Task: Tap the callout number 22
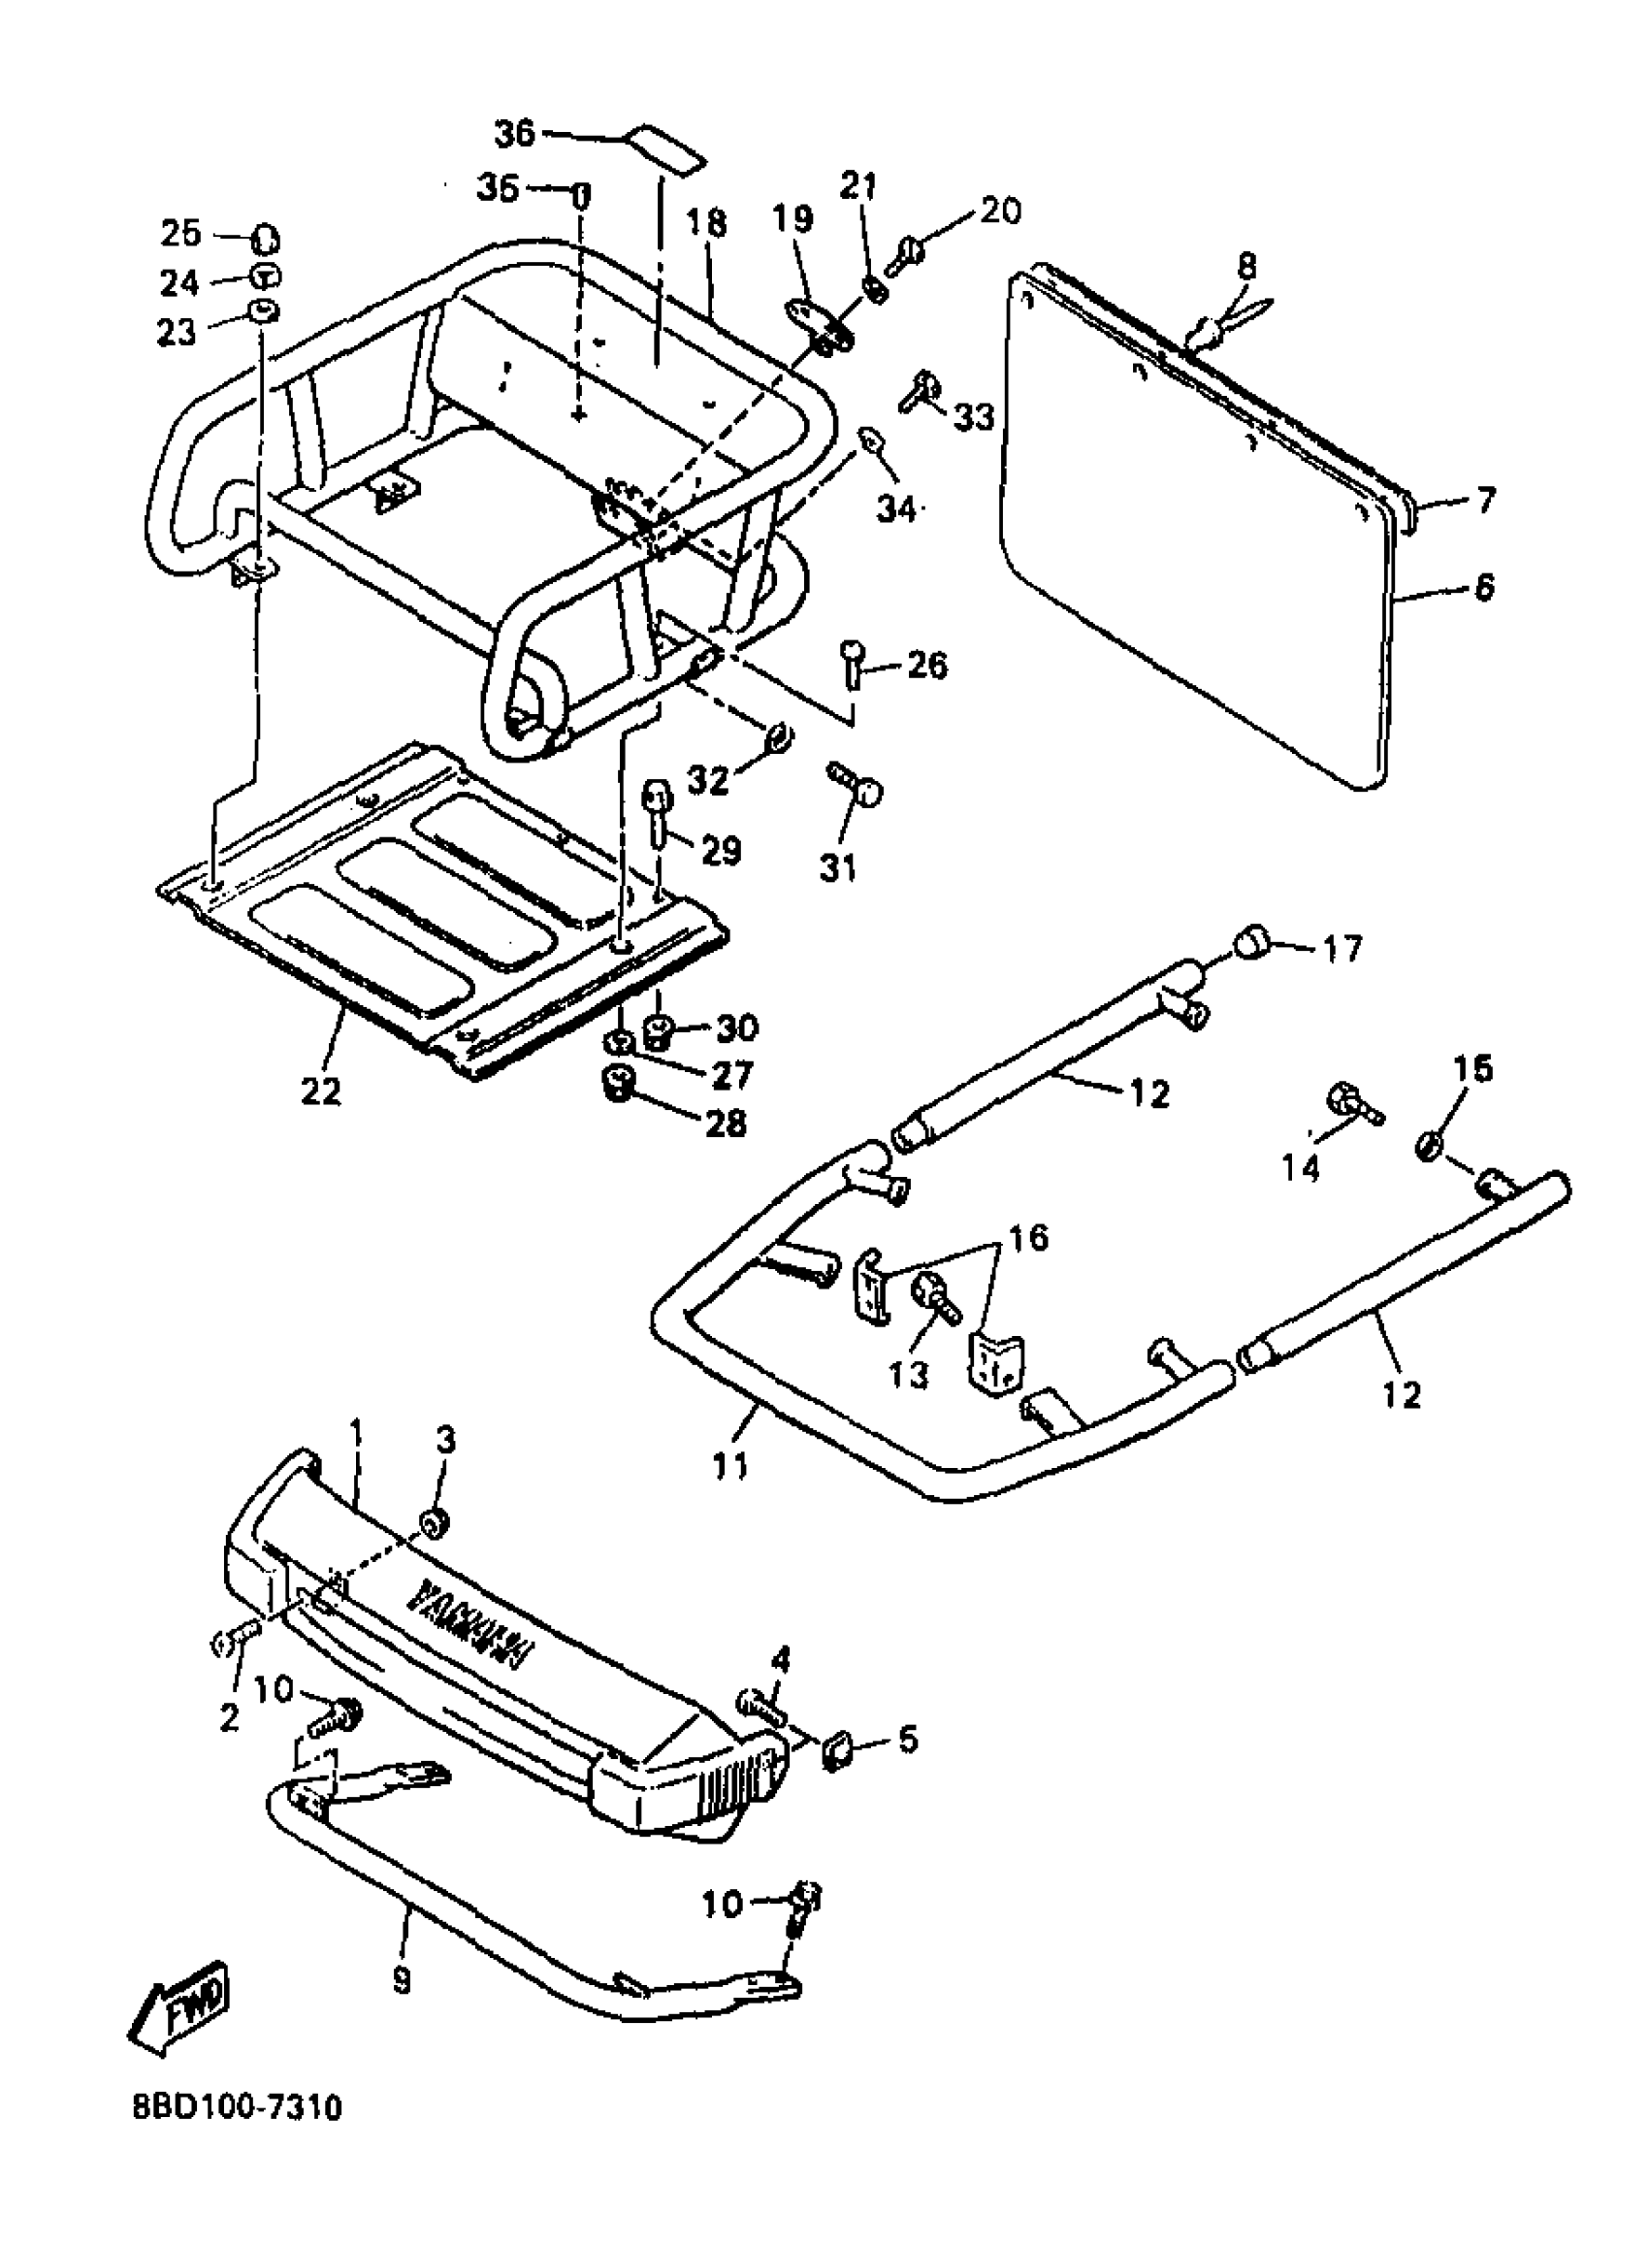pos(321,1091)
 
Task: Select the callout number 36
pos(516,132)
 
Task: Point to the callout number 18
pos(707,222)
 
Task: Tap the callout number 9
pos(402,1952)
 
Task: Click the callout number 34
pos(896,509)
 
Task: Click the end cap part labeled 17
pos(1251,941)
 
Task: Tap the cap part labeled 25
pos(266,240)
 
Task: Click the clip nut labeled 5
pos(835,1750)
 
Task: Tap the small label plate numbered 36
pos(663,150)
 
